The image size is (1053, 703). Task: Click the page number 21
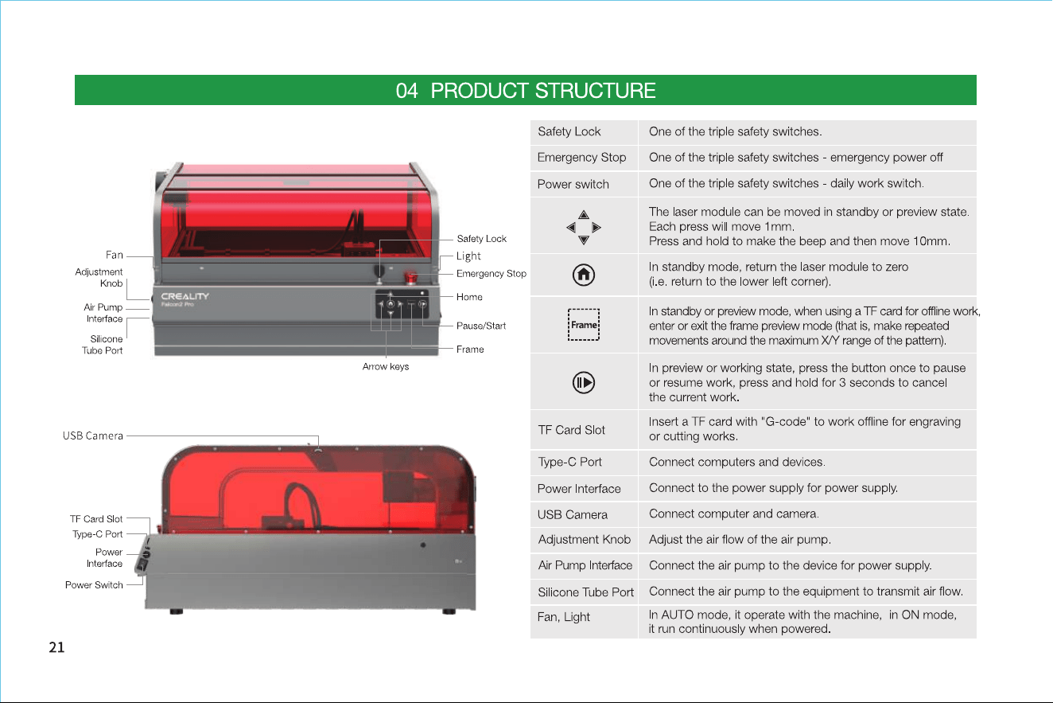tap(56, 647)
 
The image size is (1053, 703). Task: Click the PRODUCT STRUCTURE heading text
tap(543, 90)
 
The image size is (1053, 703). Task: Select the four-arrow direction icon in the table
tap(584, 227)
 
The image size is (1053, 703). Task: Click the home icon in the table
tap(584, 275)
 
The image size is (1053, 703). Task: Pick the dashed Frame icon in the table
tap(584, 325)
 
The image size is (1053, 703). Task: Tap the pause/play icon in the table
tap(584, 382)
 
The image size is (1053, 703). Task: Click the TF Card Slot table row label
tap(571, 430)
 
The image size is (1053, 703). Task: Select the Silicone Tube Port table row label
tap(585, 592)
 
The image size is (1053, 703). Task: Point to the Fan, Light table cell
tap(563, 617)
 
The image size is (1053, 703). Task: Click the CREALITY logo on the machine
tap(185, 296)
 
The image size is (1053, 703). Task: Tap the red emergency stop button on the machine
tap(411, 277)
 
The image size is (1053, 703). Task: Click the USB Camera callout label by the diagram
tap(92, 435)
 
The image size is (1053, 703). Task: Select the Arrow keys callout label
tap(386, 366)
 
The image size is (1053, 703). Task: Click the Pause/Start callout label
tap(481, 326)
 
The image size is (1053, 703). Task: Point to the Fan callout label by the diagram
tap(115, 255)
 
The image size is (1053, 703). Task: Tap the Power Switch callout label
tap(94, 585)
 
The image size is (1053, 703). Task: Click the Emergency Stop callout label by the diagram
tap(492, 273)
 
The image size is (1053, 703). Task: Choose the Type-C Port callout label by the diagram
tap(97, 534)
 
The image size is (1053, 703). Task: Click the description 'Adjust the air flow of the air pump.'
tap(740, 539)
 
